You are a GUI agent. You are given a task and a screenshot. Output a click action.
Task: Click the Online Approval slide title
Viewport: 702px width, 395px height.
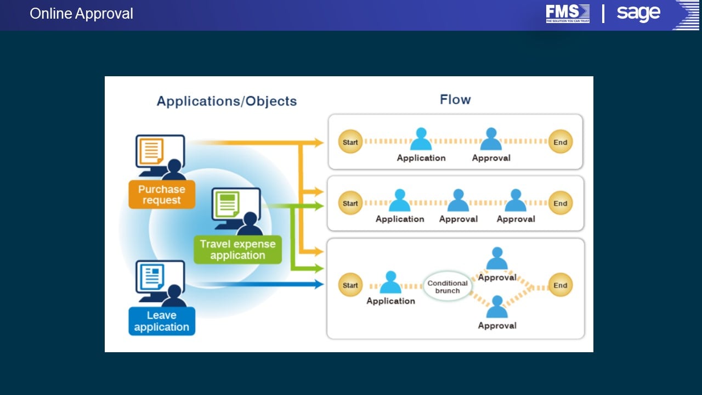pos(81,14)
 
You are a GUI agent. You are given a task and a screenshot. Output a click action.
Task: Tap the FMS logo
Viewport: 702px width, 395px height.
pos(568,14)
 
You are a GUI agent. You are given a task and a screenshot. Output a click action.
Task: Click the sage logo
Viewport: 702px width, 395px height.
pos(638,13)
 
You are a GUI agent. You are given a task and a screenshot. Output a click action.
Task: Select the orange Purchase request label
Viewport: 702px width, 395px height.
pos(162,194)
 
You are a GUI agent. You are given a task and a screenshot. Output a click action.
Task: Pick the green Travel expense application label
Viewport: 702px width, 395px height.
pos(237,250)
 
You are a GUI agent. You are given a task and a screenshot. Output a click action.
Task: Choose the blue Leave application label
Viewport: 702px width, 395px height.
pos(162,321)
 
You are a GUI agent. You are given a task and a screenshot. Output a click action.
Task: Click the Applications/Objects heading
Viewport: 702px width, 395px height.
pos(227,101)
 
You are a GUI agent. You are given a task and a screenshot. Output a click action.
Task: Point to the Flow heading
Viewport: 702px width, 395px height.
pos(455,100)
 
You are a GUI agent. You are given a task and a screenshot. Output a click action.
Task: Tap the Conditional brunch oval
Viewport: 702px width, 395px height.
pos(447,286)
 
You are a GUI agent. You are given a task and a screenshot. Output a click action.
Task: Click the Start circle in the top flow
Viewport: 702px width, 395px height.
pos(350,142)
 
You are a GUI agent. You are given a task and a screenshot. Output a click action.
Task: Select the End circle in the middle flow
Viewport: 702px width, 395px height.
pos(561,203)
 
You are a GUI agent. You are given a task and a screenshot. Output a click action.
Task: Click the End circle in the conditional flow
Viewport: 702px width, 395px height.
pos(561,285)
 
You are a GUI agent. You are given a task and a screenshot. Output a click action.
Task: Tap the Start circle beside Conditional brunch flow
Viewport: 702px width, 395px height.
pos(350,285)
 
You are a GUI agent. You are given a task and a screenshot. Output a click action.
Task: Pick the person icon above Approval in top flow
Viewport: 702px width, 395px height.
pos(491,139)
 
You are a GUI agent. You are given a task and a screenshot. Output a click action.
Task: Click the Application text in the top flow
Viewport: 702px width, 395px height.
pos(421,158)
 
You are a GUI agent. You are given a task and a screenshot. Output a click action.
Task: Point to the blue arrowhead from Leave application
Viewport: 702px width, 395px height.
pos(319,284)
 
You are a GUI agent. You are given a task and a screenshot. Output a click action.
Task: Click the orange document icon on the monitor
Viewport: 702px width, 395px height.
pos(151,151)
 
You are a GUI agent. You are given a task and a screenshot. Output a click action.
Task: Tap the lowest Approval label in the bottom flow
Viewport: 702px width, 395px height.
pos(497,326)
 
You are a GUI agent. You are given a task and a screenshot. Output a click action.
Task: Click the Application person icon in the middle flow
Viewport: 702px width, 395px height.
pos(400,200)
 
